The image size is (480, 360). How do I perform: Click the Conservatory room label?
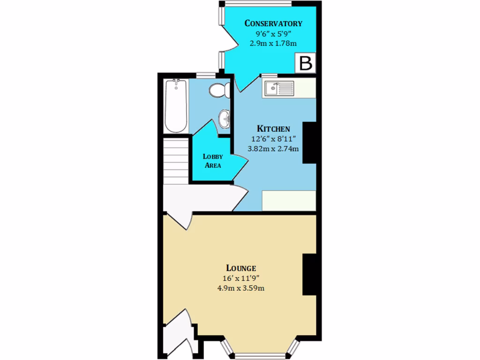(x=273, y=23)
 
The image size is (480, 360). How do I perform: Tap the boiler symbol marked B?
(x=306, y=63)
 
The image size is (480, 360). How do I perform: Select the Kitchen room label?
(x=273, y=128)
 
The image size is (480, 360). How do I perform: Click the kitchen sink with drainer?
(x=278, y=88)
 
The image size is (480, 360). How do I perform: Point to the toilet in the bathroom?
(x=219, y=90)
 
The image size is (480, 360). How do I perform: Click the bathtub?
(x=176, y=106)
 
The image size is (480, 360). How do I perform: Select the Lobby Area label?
(x=212, y=161)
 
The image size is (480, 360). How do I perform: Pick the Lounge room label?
(x=241, y=268)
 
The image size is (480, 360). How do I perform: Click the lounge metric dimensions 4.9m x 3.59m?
(x=241, y=288)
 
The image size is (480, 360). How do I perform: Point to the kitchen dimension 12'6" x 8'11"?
(x=273, y=139)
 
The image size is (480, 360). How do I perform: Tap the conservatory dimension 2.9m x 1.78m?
(x=273, y=43)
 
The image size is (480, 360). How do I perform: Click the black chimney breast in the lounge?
(x=309, y=275)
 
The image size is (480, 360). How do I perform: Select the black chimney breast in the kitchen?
(x=309, y=142)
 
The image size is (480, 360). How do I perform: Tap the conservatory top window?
(x=258, y=4)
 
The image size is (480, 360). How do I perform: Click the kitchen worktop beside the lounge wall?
(x=288, y=201)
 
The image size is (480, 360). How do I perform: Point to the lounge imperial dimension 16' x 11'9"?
(x=241, y=278)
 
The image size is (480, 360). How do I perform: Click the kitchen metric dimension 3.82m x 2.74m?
(x=273, y=149)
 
